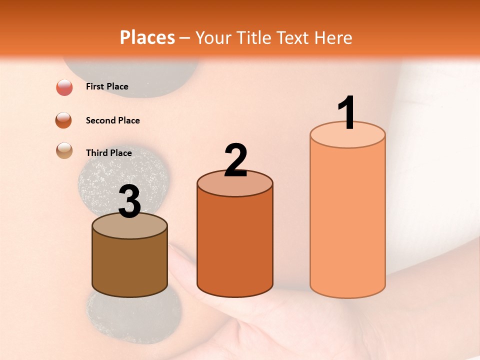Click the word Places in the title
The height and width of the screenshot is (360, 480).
147,37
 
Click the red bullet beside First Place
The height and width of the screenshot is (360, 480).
64,87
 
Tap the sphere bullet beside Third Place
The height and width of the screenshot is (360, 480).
64,150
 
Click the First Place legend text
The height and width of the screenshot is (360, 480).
107,86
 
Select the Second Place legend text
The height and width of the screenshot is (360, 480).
112,120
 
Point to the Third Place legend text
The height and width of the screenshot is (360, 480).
108,153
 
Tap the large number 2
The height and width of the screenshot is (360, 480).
235,160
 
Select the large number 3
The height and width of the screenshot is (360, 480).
129,202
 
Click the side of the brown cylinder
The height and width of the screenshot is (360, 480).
129,265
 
